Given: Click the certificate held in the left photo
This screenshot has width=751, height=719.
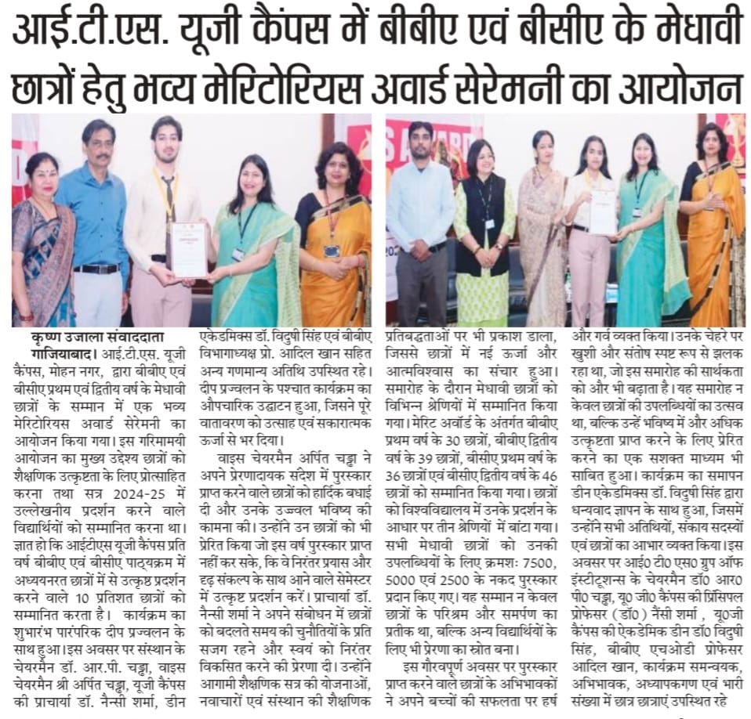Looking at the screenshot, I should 189,248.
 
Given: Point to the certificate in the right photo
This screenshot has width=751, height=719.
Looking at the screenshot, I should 603,210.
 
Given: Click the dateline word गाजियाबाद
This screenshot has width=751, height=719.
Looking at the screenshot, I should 46,352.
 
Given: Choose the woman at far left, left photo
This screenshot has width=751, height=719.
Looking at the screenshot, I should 42,251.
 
